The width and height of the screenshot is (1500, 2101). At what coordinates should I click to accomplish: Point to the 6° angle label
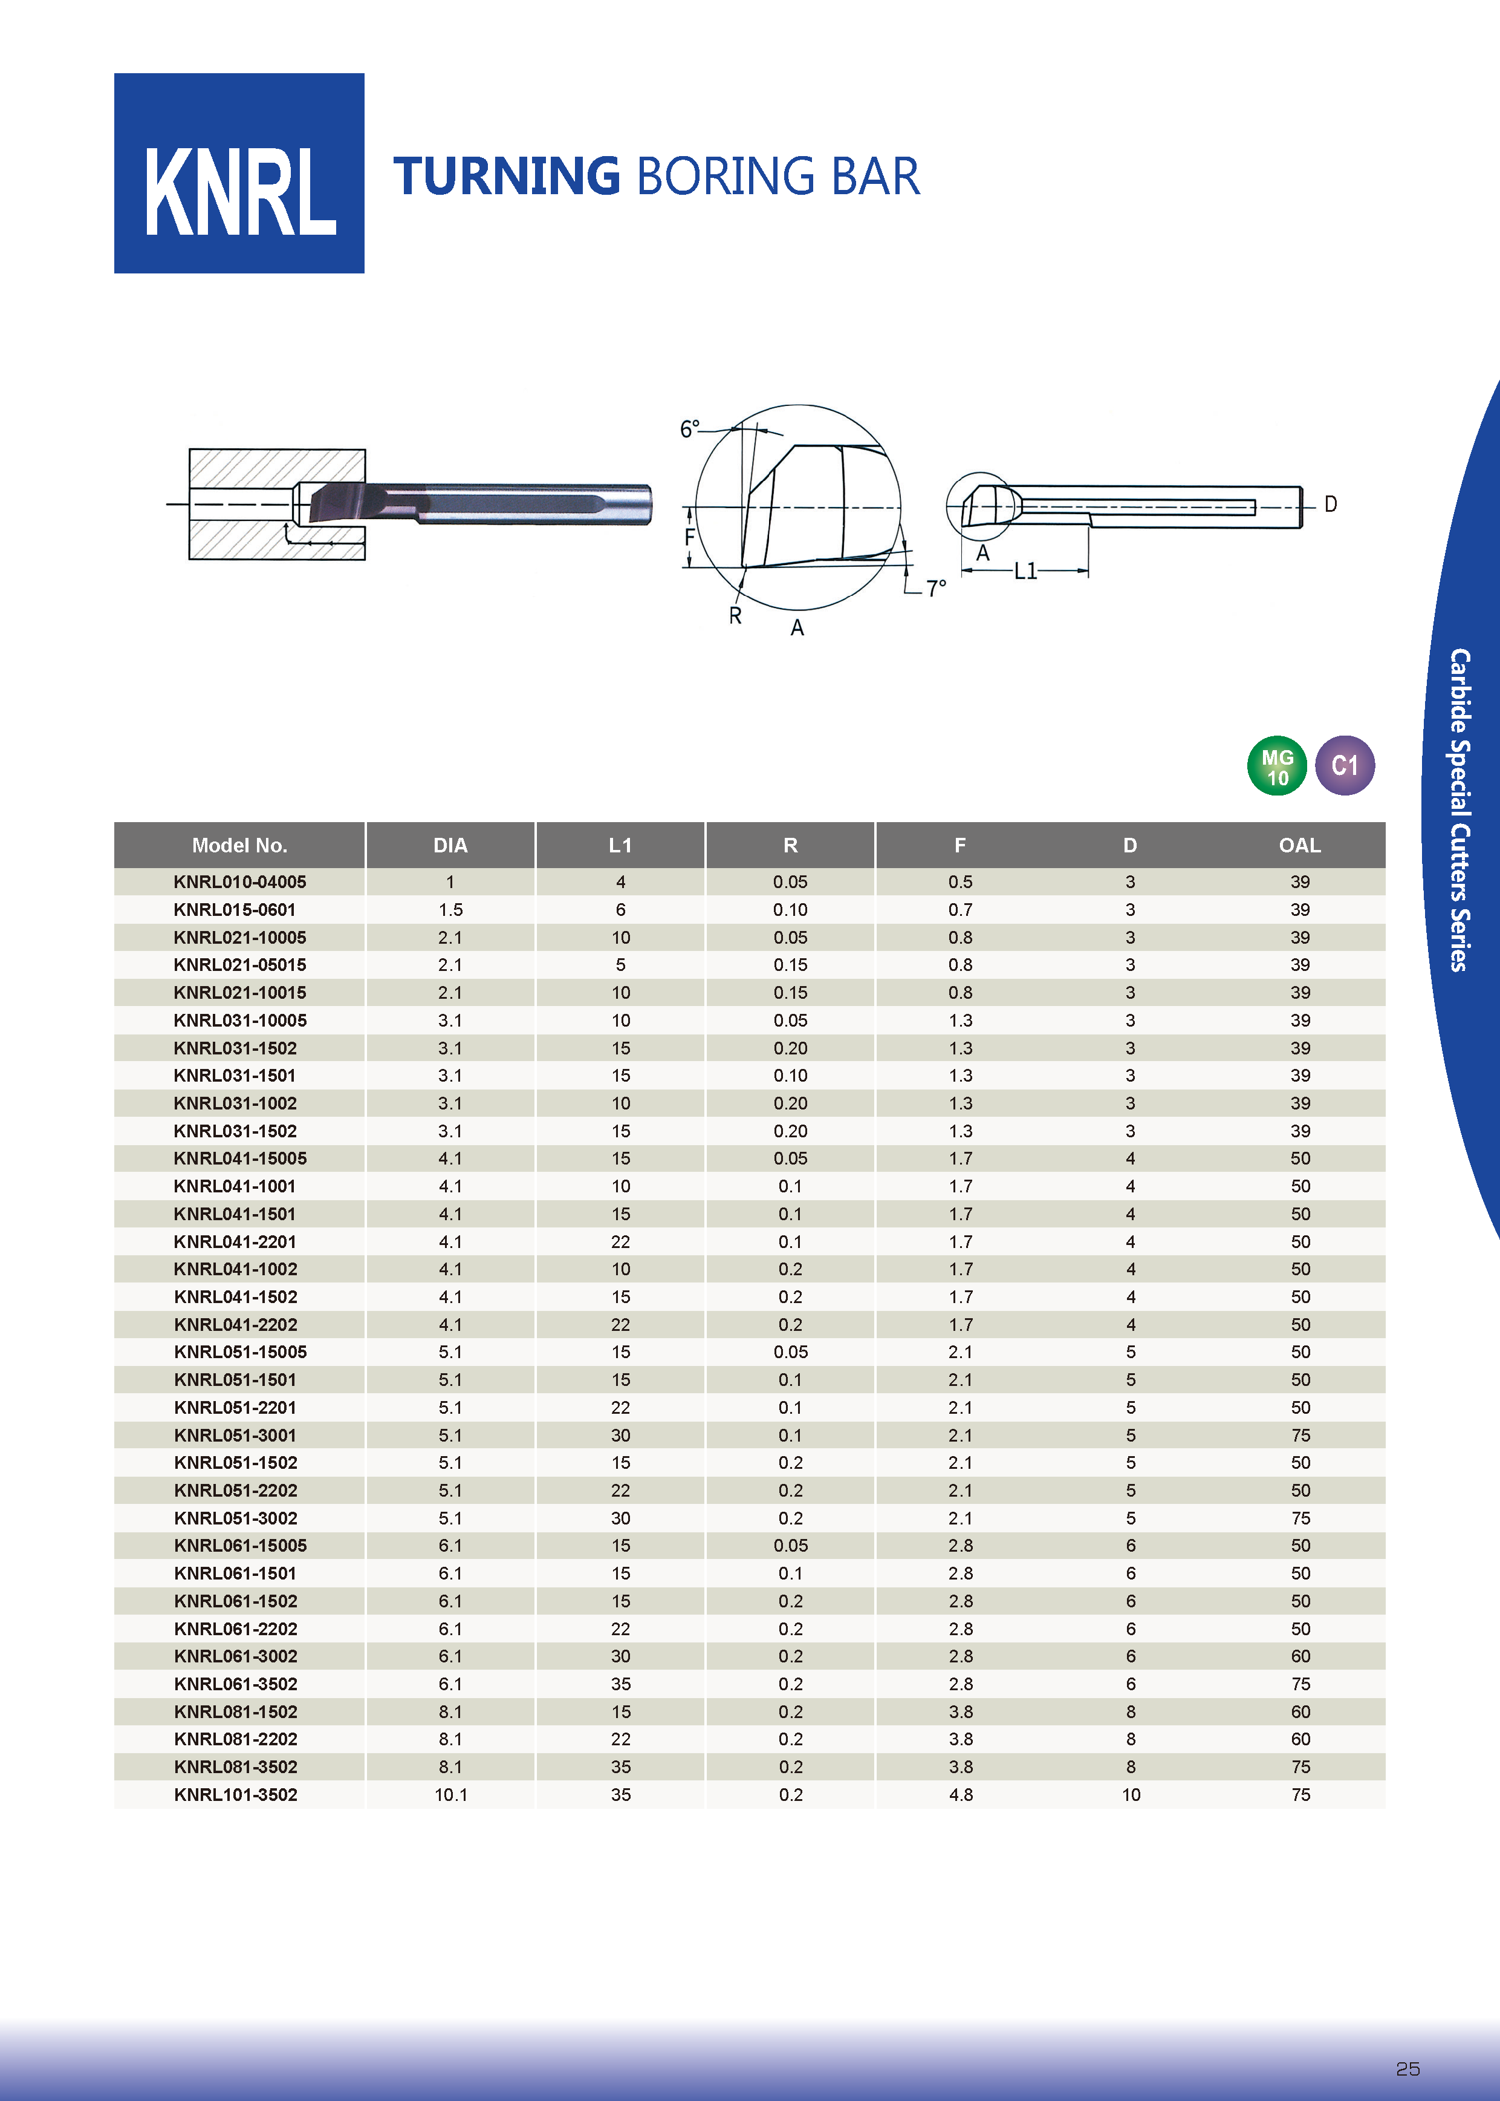(x=690, y=430)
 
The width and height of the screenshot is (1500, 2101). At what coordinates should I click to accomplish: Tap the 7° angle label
(x=936, y=589)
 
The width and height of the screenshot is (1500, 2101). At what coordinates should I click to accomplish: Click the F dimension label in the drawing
(x=689, y=537)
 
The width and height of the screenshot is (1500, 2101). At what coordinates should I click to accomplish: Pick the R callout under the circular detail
(x=735, y=615)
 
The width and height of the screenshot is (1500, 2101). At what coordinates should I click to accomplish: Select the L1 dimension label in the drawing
(x=1025, y=571)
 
